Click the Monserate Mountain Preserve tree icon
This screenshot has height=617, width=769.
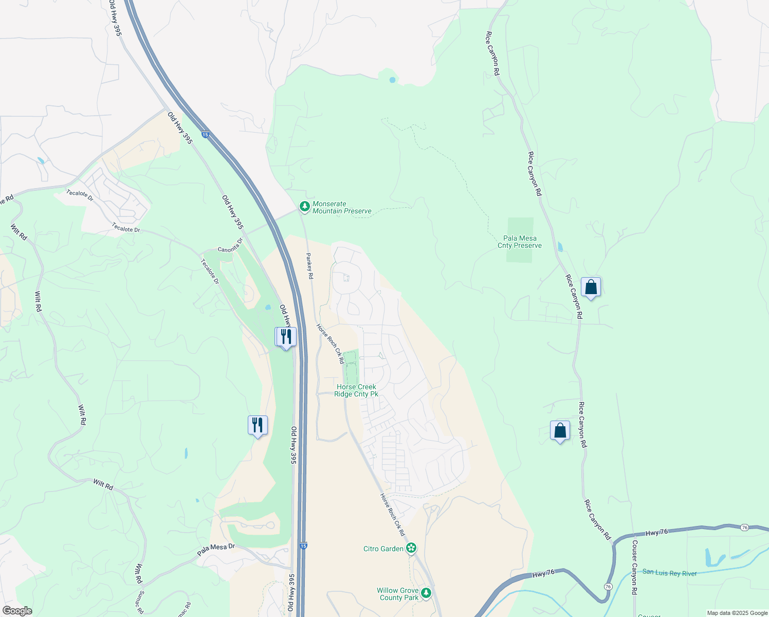coord(305,206)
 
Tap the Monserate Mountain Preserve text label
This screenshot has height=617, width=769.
coord(342,208)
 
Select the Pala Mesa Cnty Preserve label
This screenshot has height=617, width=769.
coord(520,242)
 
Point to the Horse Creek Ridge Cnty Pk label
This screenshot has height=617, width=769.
coord(356,390)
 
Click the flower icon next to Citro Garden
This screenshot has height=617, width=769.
coord(411,548)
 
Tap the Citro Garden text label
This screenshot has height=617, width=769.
coord(383,549)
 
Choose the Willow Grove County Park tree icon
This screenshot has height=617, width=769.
coord(426,593)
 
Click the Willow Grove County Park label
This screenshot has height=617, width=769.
coord(398,594)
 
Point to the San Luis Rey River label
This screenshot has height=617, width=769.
coord(669,573)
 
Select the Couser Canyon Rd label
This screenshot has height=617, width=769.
coord(634,568)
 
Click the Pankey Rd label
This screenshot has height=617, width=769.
coord(309,266)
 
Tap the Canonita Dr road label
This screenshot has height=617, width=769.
coord(230,246)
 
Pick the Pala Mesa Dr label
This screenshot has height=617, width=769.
coord(216,550)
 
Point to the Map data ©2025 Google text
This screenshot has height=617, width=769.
coord(737,613)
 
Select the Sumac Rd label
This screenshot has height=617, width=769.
coord(140,602)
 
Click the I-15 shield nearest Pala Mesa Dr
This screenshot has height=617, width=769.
coord(303,546)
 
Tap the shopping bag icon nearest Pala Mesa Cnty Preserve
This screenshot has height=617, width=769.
coord(591,287)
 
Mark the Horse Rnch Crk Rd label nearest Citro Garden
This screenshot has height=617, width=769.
coord(392,515)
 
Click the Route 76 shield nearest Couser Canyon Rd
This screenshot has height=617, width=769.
coord(609,587)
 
